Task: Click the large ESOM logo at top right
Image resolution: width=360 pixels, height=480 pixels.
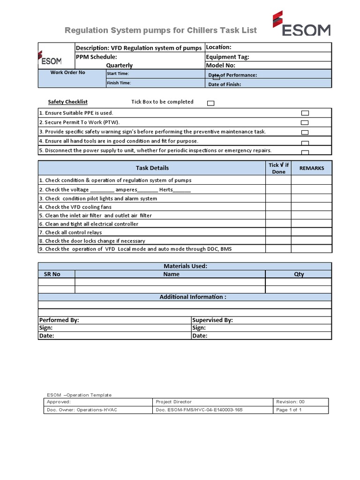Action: point(301,24)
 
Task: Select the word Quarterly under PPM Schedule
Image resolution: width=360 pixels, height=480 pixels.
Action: point(119,66)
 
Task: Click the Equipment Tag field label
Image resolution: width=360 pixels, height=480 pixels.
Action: point(227,57)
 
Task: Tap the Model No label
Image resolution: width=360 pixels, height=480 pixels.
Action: point(220,66)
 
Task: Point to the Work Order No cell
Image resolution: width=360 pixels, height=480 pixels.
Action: point(68,73)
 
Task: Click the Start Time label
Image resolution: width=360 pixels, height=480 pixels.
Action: point(118,74)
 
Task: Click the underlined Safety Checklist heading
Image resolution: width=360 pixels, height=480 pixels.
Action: point(67,102)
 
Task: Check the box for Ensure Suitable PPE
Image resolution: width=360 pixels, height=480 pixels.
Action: point(305,113)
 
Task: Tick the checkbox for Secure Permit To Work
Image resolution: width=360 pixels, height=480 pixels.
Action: point(305,123)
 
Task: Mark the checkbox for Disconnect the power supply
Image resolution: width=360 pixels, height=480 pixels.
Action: point(305,152)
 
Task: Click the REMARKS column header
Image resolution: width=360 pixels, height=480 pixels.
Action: point(311,168)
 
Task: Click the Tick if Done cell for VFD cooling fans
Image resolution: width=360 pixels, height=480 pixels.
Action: point(278,207)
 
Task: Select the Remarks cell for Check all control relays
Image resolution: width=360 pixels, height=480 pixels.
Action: point(311,232)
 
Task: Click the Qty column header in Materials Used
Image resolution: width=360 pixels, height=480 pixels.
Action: point(299,274)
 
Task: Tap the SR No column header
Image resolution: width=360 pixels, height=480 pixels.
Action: point(52,274)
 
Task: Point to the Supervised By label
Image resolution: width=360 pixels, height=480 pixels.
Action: point(212,320)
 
